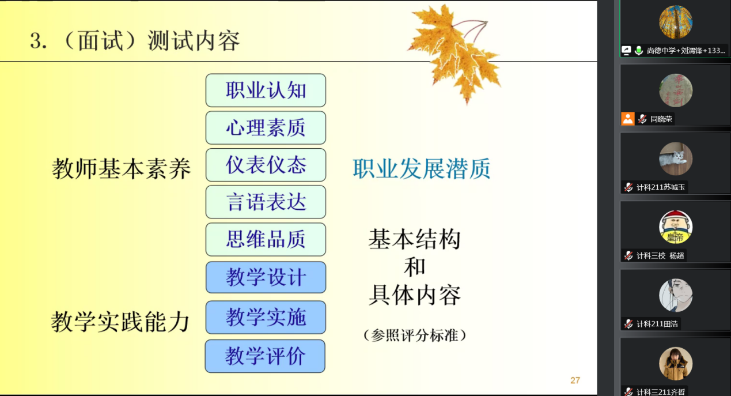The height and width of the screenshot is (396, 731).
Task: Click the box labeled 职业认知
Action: [266, 90]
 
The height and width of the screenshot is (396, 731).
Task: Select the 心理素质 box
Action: [266, 127]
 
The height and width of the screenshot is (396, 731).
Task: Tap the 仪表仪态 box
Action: [266, 165]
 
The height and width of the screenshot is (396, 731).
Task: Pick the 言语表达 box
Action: [266, 202]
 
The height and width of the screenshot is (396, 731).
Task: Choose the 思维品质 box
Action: [266, 239]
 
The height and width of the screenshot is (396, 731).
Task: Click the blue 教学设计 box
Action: [266, 277]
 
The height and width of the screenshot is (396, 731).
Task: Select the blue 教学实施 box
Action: [266, 318]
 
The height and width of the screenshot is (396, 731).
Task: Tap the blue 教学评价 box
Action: [265, 356]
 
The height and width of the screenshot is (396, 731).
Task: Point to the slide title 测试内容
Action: [194, 41]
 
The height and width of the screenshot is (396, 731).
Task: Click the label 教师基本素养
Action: [122, 169]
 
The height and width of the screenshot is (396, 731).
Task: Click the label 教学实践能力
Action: [120, 322]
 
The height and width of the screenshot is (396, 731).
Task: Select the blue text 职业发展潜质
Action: [422, 169]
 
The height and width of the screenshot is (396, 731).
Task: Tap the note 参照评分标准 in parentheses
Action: [415, 335]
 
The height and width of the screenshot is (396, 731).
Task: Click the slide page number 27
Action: [575, 380]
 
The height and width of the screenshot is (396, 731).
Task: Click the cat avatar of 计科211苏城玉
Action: [676, 159]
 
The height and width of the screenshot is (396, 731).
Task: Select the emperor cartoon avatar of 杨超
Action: [676, 227]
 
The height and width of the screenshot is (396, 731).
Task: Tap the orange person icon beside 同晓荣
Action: [628, 119]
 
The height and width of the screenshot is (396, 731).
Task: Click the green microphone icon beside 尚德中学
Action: [639, 51]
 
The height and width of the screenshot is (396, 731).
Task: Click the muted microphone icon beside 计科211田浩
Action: [628, 324]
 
